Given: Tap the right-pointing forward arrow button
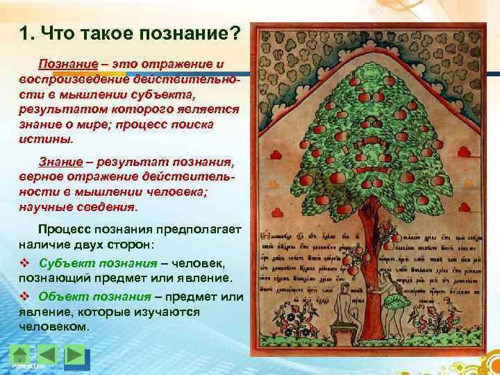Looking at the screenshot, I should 74,354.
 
